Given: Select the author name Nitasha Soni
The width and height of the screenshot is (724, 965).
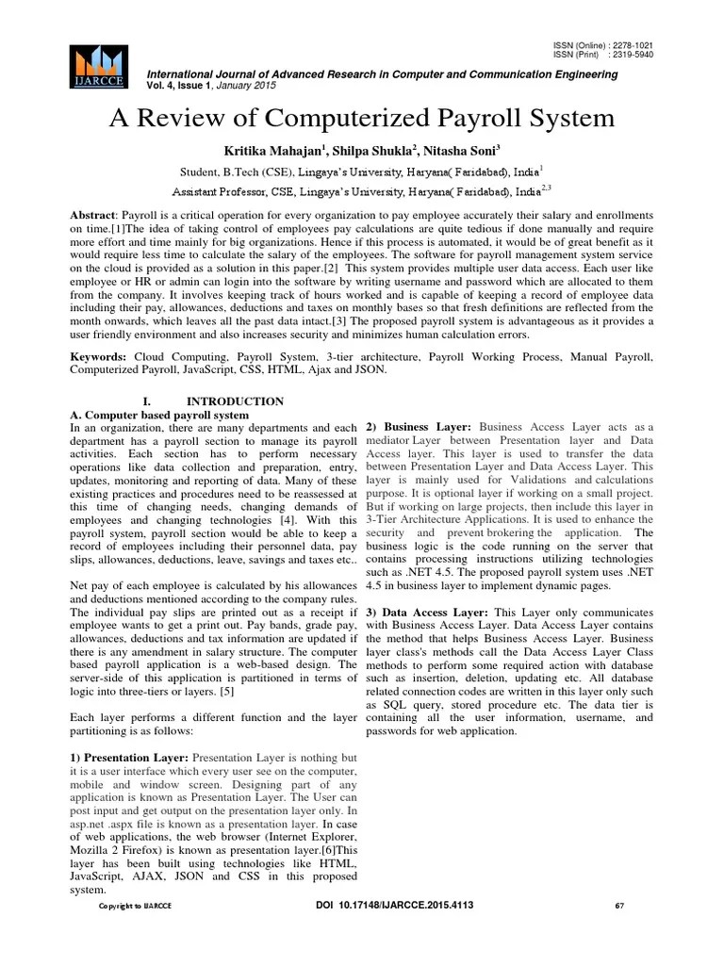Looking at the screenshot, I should [x=462, y=151].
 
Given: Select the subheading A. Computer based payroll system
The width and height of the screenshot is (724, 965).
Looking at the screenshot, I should [x=160, y=415].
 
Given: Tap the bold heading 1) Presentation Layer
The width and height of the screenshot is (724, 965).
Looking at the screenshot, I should [x=130, y=758].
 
